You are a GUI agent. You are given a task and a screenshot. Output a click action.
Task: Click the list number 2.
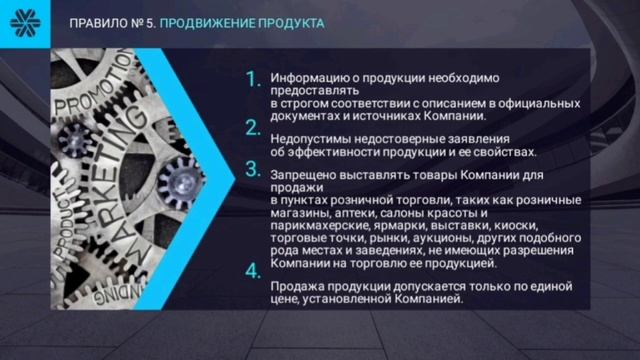253,126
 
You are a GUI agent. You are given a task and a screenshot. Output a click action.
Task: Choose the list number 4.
253,271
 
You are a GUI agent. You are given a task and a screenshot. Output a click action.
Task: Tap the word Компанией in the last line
430,298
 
